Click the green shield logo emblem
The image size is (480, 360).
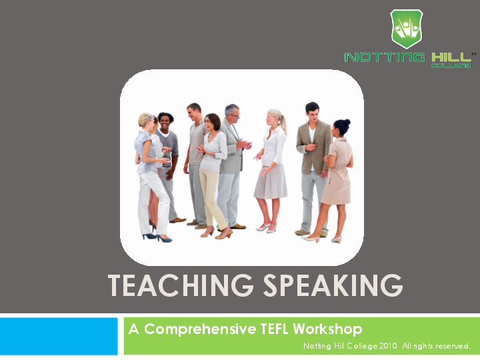(x=406, y=29)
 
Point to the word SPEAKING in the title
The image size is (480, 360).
(x=330, y=285)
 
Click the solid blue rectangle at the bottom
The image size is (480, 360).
(x=59, y=336)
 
